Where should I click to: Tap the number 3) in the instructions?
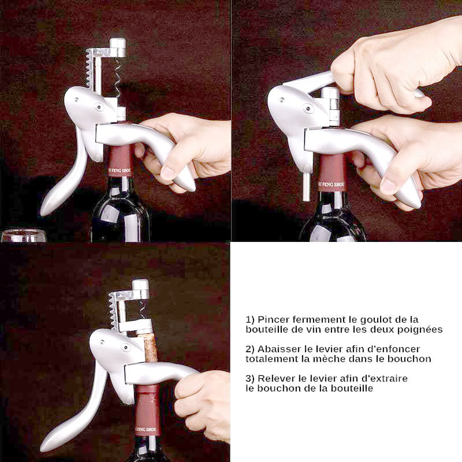pyautogui.click(x=250, y=379)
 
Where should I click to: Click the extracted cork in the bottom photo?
pyautogui.click(x=151, y=348)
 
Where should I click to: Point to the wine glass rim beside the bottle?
pyautogui.click(x=24, y=232)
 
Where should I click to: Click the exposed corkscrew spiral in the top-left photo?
pyautogui.click(x=118, y=77)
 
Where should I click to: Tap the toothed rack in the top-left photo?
pyautogui.click(x=90, y=68)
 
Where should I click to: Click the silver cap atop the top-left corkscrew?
pyautogui.click(x=118, y=47)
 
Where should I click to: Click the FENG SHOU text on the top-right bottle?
pyautogui.click(x=331, y=185)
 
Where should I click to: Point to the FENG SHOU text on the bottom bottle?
pyautogui.click(x=146, y=430)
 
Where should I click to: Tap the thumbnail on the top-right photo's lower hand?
pyautogui.click(x=388, y=185)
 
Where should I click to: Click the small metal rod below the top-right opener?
pyautogui.click(x=306, y=187)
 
